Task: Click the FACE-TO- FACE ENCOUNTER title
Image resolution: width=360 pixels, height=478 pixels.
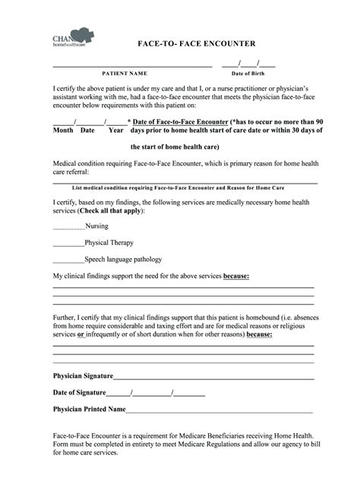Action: [x=195, y=44]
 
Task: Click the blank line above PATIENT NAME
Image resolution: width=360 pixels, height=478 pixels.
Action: [x=131, y=66]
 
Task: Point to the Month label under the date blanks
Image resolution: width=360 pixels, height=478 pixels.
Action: [x=62, y=131]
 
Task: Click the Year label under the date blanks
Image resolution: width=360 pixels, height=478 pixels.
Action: [x=115, y=131]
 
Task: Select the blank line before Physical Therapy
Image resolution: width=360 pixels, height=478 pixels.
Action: [x=68, y=243]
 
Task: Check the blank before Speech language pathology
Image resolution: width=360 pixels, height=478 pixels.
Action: [x=68, y=259]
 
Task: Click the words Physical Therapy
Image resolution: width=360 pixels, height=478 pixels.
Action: [x=109, y=243]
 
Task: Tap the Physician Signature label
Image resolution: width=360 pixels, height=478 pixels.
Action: [x=83, y=376]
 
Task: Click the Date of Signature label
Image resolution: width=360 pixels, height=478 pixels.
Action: [x=79, y=392]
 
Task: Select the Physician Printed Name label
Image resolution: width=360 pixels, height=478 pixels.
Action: [x=89, y=409]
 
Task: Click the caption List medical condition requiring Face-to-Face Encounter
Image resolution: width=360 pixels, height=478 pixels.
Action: [x=185, y=187]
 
